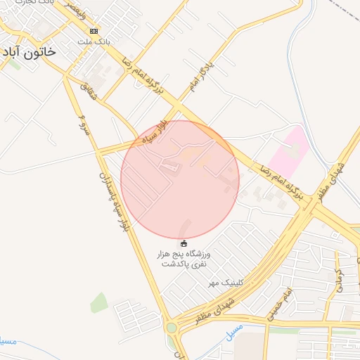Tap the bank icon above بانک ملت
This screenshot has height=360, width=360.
tap(94, 31)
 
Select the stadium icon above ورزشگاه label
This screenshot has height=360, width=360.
tap(185, 244)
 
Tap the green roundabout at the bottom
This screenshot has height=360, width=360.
tap(172, 328)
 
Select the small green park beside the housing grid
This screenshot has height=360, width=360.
tap(98, 303)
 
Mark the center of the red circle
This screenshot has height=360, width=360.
tap(180, 179)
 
